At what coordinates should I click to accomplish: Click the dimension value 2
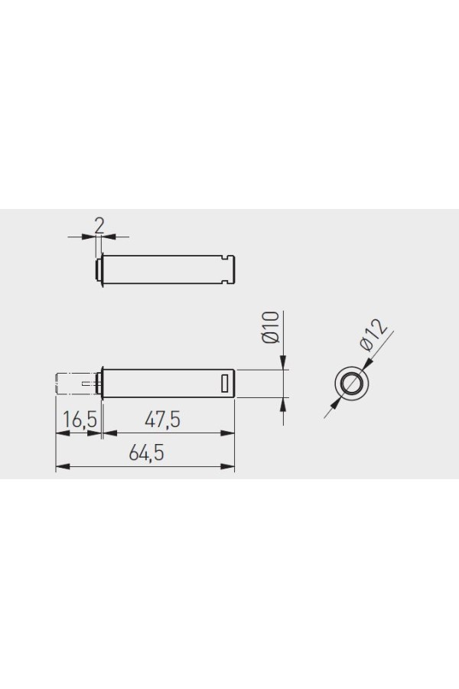(99, 225)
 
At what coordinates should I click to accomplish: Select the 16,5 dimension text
(80, 420)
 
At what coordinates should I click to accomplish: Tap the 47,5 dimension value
(162, 420)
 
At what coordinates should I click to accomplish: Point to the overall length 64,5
(146, 453)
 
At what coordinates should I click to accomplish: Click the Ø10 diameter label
(271, 327)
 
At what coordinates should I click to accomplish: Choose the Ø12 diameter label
(373, 335)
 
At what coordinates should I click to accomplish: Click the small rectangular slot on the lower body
(226, 383)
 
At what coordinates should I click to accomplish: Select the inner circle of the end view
(351, 382)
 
